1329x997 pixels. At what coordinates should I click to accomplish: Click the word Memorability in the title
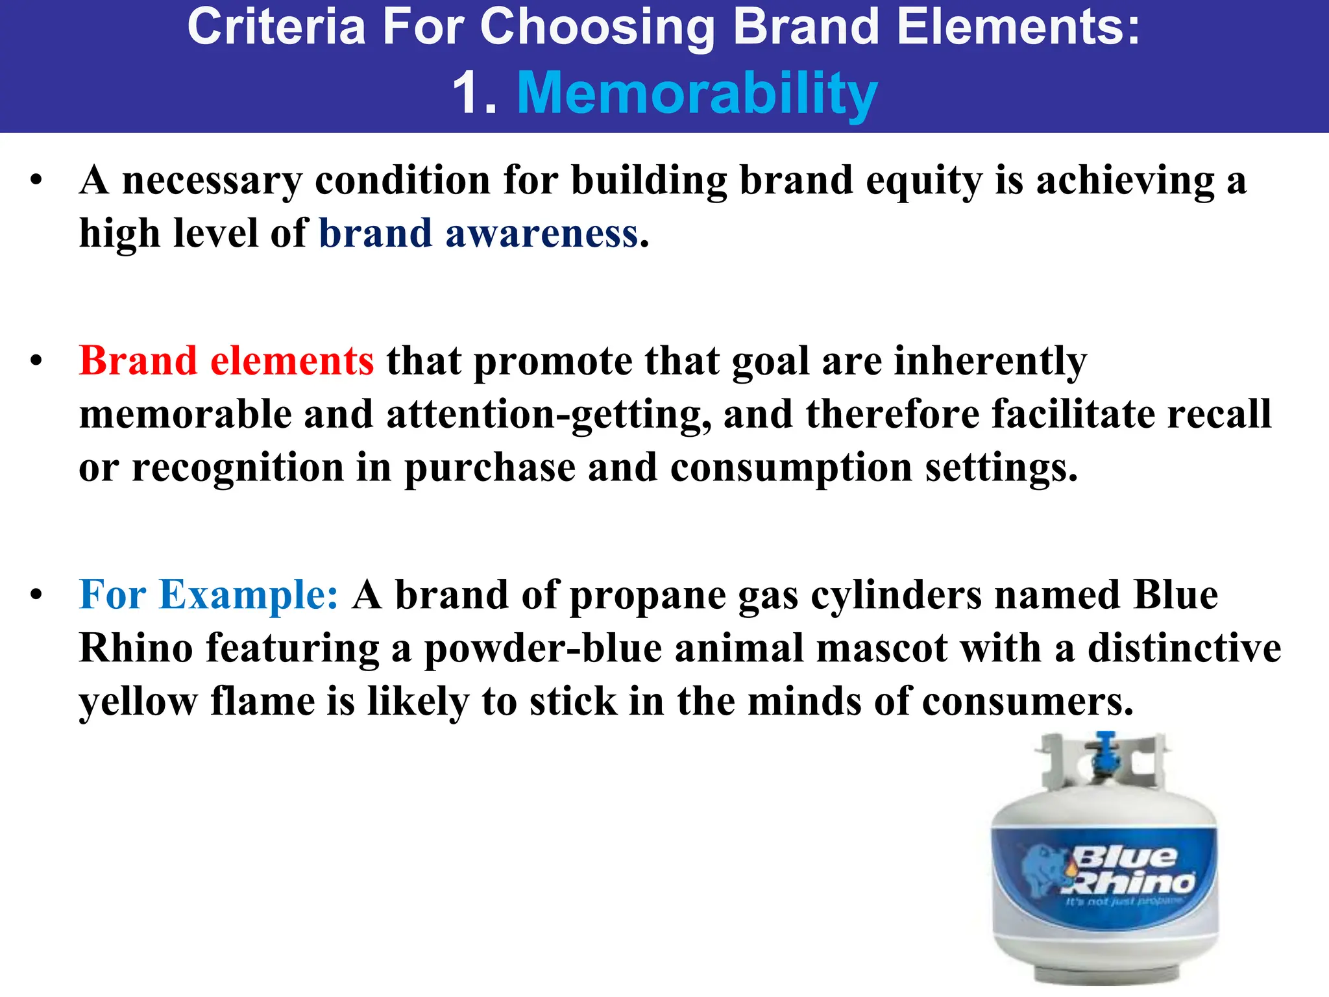coord(697,94)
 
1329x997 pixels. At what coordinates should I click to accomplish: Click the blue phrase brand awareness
coord(479,234)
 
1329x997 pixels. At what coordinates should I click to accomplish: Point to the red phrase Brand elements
coord(226,361)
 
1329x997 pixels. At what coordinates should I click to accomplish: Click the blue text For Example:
coord(208,595)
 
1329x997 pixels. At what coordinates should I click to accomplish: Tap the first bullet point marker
coord(36,180)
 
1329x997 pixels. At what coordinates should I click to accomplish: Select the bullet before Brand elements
coord(36,362)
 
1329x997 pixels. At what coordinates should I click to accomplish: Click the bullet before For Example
coord(36,595)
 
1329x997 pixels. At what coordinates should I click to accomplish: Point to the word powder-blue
coord(543,648)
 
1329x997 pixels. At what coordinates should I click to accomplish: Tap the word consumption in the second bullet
coord(791,469)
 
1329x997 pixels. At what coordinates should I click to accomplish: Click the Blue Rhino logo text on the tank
coord(1129,870)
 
